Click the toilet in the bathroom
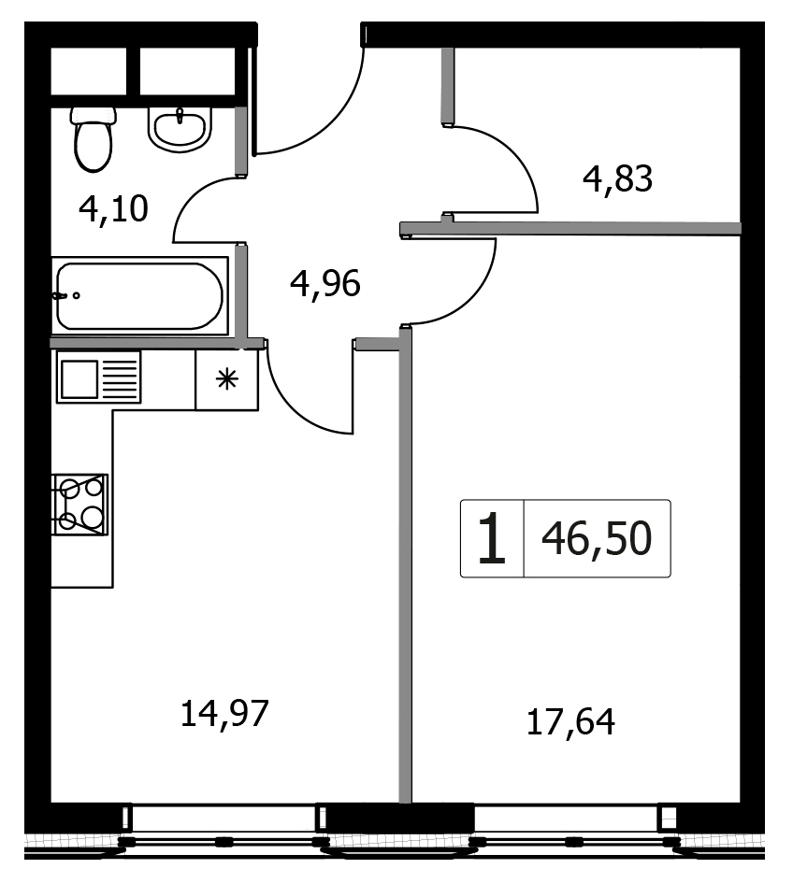coord(93,138)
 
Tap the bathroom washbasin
coord(180,129)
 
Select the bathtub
coord(139,295)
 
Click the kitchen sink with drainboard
coord(98,377)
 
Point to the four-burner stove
coord(79,504)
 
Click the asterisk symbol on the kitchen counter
coord(226,379)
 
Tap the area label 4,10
coord(113,209)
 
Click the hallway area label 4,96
coord(325,283)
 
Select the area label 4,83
coord(617,179)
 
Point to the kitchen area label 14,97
coord(224,714)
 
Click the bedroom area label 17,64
coord(570,722)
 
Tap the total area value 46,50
coord(597,538)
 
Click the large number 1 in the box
coord(492,538)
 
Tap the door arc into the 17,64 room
coord(471,297)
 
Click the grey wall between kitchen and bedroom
coord(405,564)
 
